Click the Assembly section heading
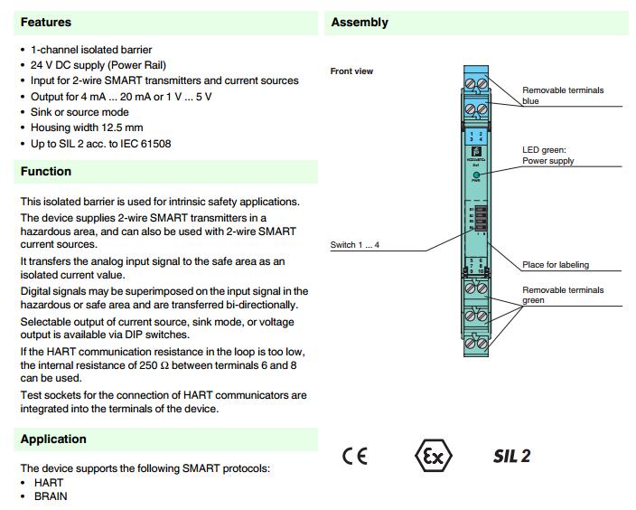point(360,22)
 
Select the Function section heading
point(46,171)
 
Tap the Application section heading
point(53,439)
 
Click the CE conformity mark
point(355,456)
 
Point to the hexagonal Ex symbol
point(433,455)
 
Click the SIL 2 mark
point(511,456)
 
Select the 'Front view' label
point(351,71)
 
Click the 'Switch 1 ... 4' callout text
point(355,245)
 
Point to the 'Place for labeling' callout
point(556,265)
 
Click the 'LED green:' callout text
point(543,150)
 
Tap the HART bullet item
point(49,483)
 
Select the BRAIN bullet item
point(51,496)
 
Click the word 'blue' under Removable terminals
point(530,101)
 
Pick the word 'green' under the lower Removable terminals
point(533,300)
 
